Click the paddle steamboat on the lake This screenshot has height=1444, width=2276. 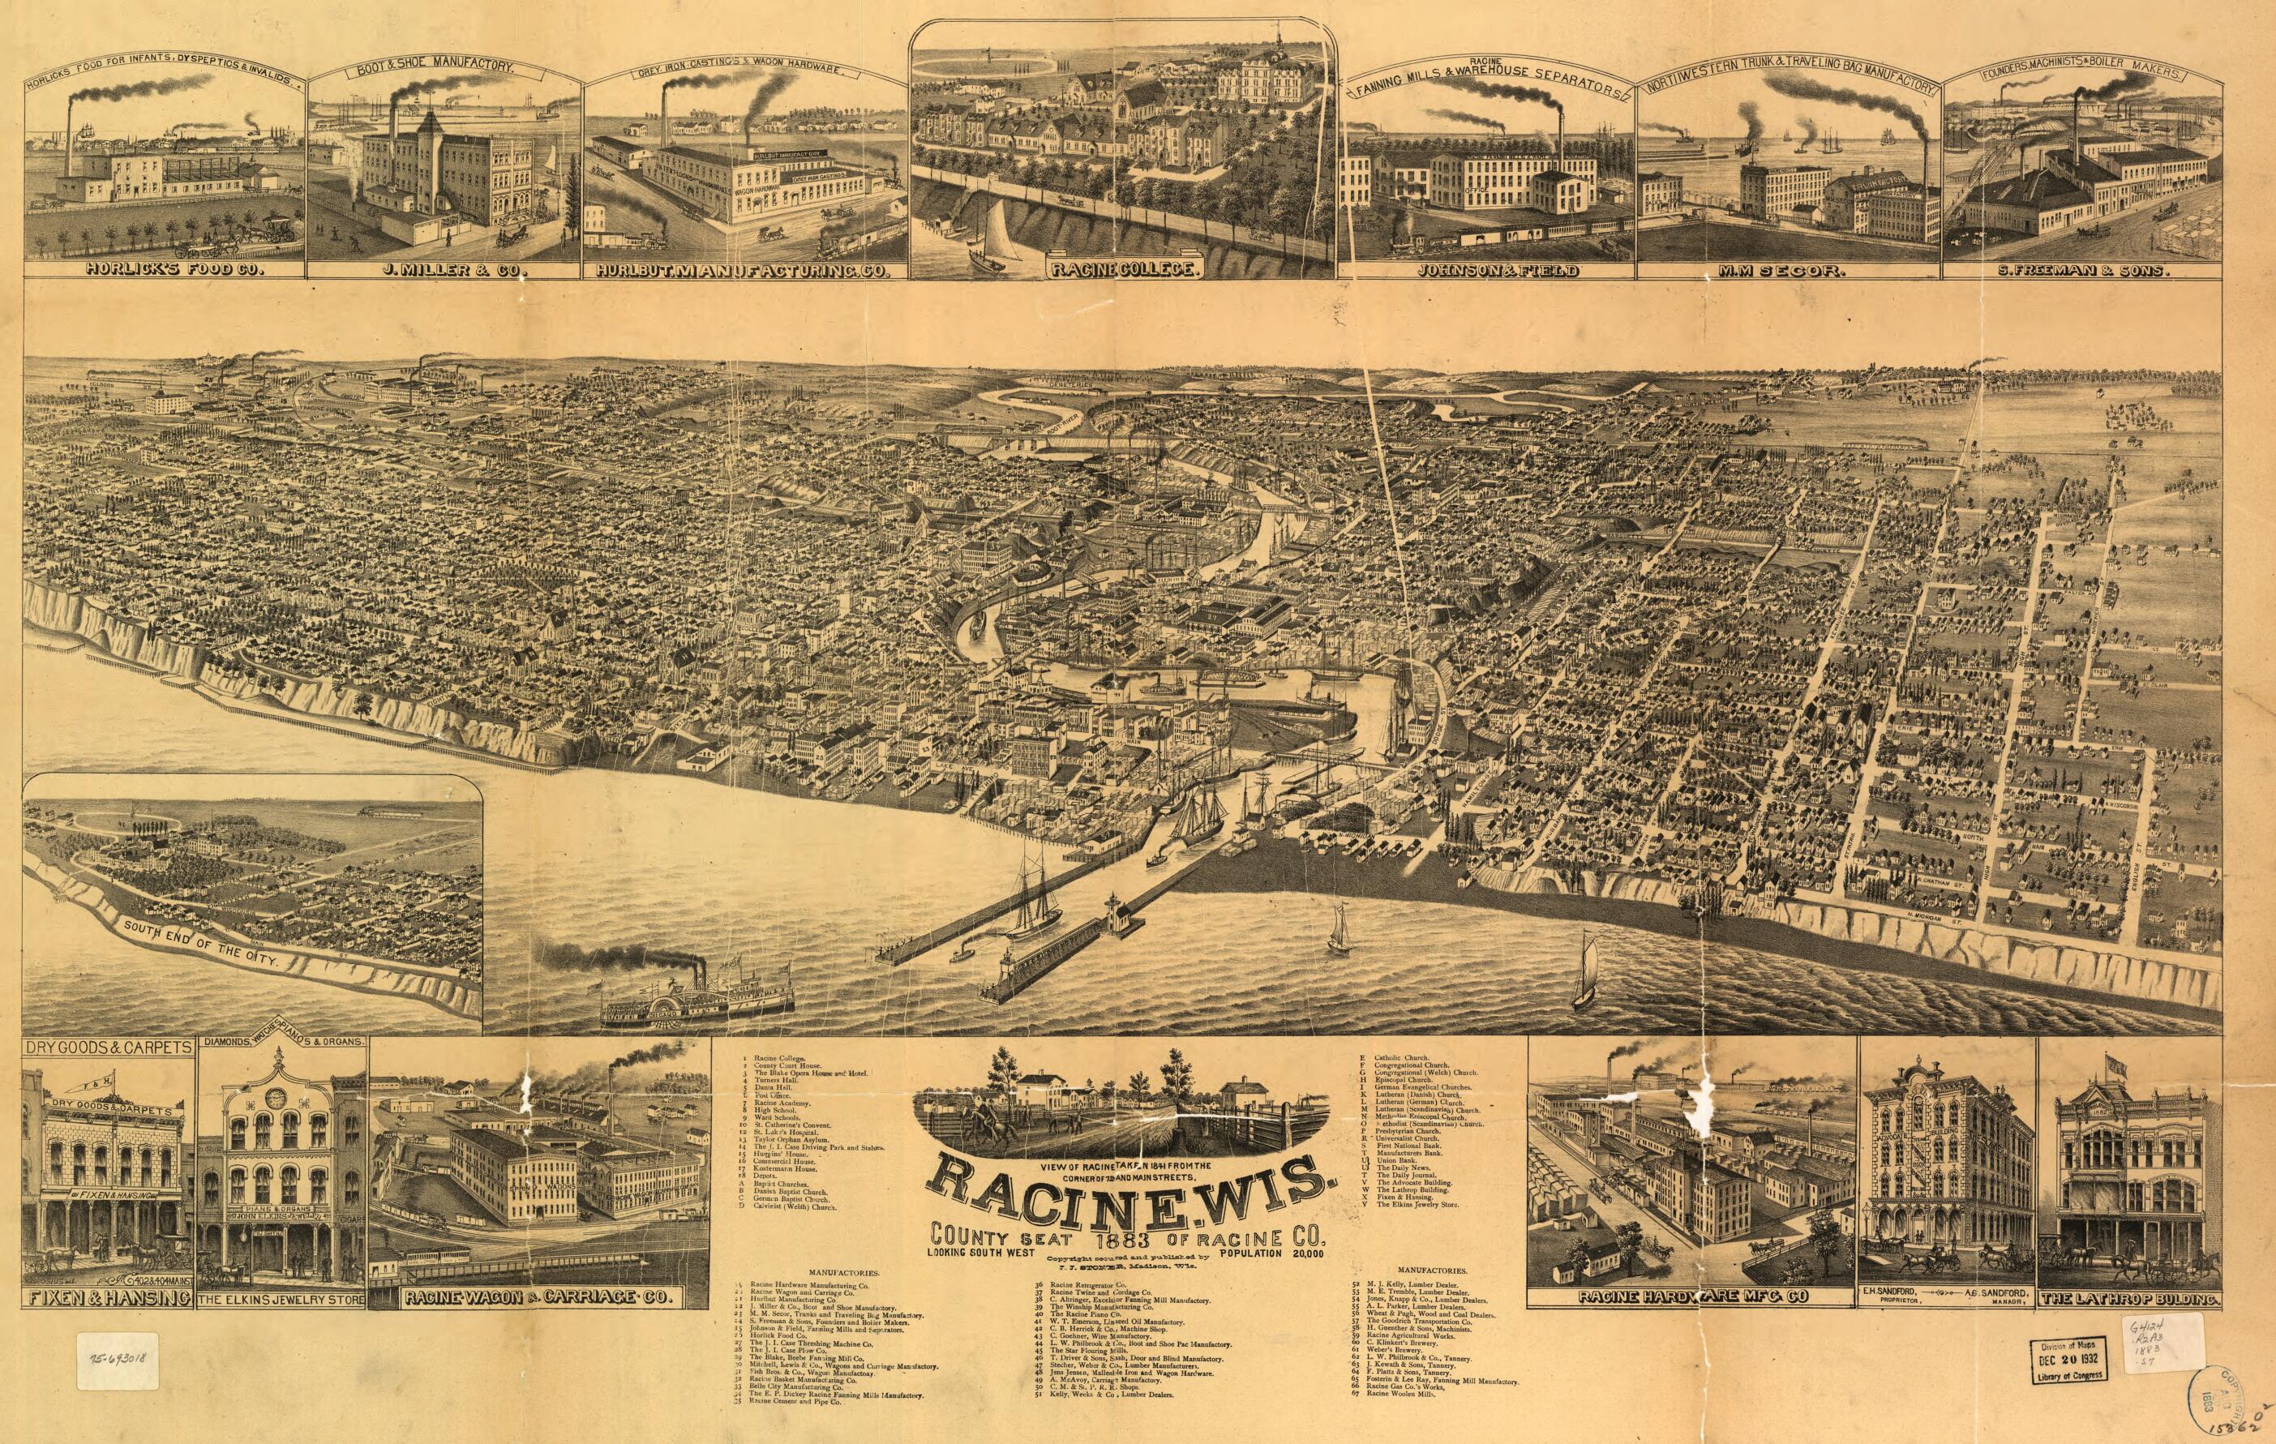pyautogui.click(x=697, y=1004)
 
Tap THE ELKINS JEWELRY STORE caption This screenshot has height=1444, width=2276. pyautogui.click(x=281, y=1300)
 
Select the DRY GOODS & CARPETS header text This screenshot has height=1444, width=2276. pyautogui.click(x=109, y=1047)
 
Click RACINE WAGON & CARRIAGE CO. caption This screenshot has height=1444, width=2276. pyautogui.click(x=540, y=1299)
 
